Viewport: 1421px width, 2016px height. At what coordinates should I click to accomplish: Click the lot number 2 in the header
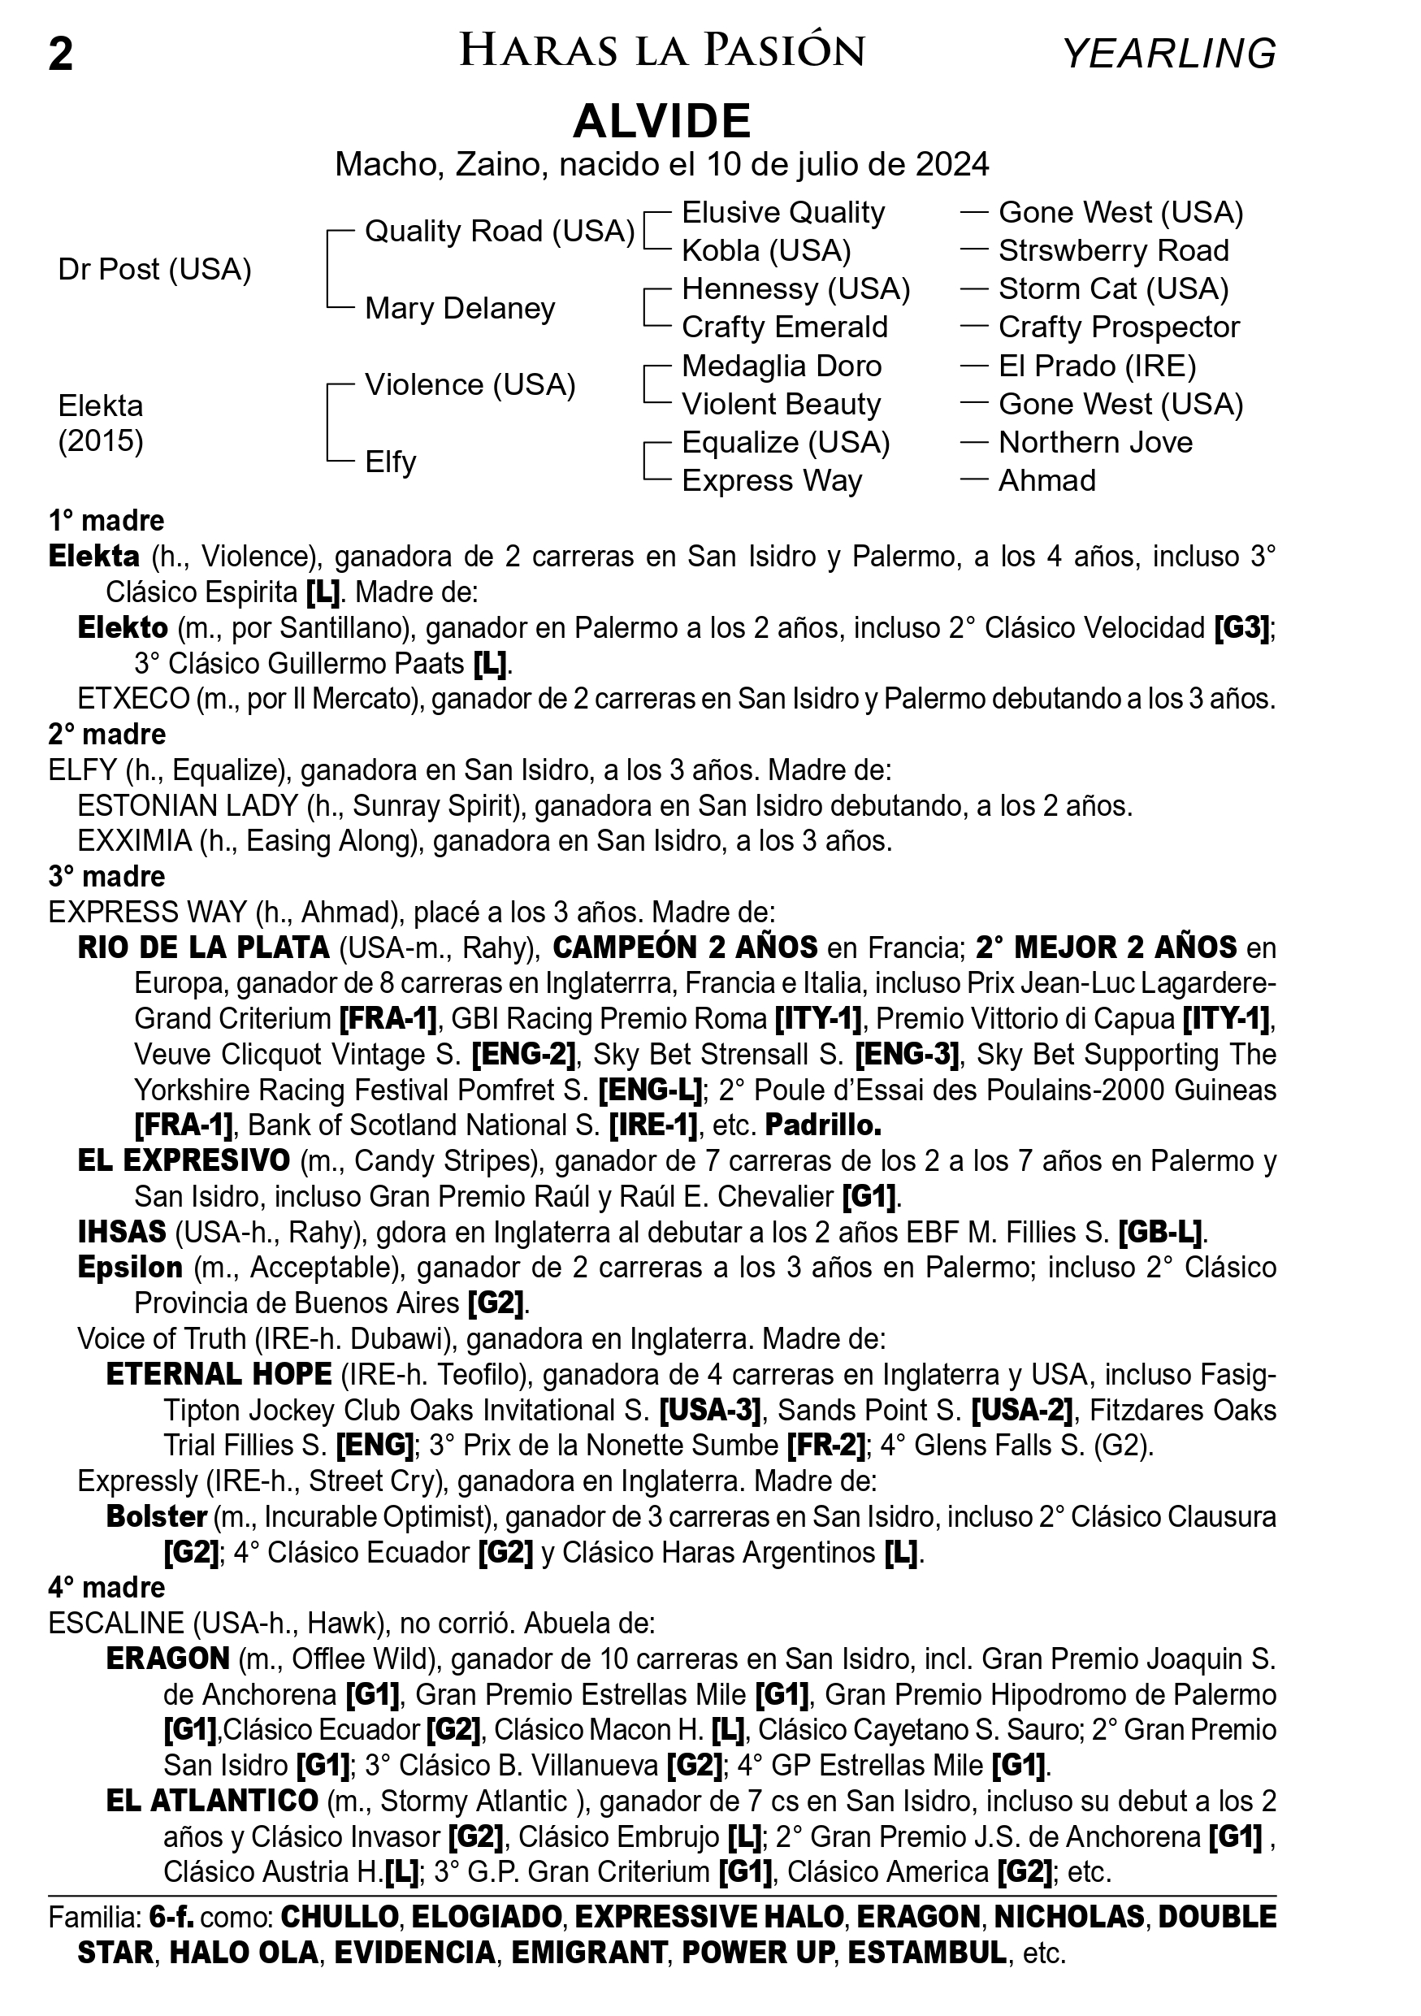point(61,54)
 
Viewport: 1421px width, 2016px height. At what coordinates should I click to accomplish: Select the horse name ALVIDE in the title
point(662,120)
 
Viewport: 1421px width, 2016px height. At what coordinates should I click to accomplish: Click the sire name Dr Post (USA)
point(154,270)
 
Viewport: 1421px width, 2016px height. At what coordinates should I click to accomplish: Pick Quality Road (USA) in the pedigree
point(500,231)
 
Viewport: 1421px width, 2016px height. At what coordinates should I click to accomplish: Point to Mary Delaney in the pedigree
point(460,308)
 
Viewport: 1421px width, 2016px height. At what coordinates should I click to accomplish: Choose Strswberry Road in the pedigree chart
point(1113,251)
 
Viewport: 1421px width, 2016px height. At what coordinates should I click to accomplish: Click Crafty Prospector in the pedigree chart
point(1118,327)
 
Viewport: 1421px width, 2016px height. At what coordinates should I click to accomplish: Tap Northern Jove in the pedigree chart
point(1095,443)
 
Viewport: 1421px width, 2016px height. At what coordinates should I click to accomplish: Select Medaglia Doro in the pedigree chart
point(781,366)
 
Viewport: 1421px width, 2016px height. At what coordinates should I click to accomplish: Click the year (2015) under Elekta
point(101,440)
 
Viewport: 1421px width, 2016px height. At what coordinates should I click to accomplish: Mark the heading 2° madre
point(107,734)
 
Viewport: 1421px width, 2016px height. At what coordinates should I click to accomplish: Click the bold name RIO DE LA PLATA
point(204,948)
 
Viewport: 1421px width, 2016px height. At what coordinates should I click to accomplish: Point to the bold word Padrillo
point(822,1125)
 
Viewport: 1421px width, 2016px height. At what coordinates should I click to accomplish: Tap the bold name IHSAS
point(122,1233)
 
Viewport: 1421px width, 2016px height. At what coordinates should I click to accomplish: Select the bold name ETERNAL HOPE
point(219,1374)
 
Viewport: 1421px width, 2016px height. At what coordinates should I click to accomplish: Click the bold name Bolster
point(156,1516)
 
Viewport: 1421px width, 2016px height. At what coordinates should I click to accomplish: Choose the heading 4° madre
point(107,1588)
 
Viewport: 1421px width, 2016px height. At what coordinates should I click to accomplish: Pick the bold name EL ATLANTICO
point(211,1801)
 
